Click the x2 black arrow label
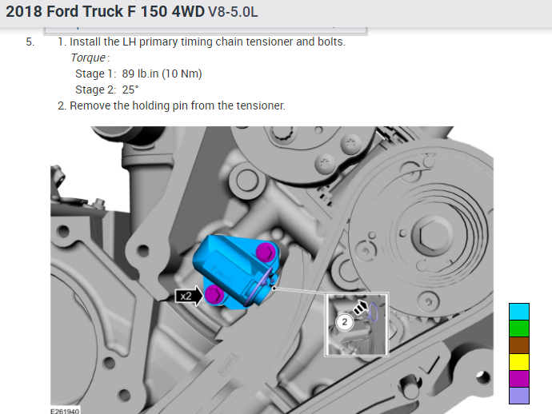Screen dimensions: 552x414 pos(189,296)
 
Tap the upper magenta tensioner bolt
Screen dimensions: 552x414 pos(266,252)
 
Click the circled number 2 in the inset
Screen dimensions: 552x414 pos(344,322)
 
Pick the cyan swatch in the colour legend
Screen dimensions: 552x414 pos(519,312)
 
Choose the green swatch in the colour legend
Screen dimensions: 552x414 pos(519,328)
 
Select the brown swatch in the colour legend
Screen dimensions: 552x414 pos(519,345)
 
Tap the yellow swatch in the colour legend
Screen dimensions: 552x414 pos(519,362)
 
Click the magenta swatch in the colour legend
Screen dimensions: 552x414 pos(519,379)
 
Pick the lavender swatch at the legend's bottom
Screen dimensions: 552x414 pos(519,396)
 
